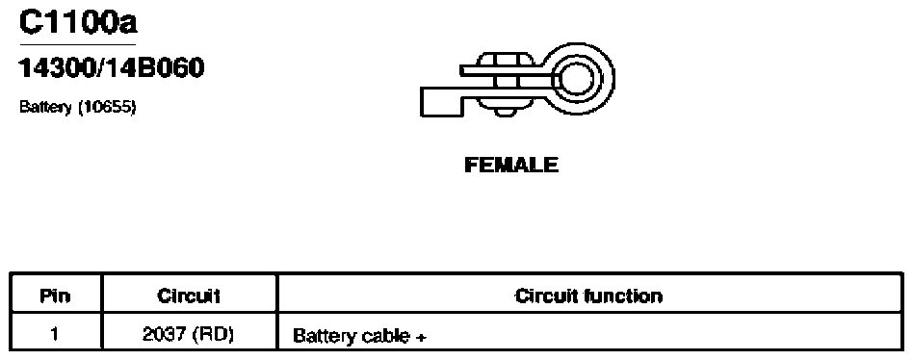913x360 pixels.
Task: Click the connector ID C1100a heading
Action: pyautogui.click(x=78, y=21)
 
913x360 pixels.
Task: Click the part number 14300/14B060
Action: pyautogui.click(x=112, y=68)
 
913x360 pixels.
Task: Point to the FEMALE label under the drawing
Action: pyautogui.click(x=511, y=166)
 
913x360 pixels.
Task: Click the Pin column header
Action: pyautogui.click(x=55, y=296)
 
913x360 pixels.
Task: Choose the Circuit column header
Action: pyautogui.click(x=189, y=296)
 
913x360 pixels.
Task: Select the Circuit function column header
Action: pyautogui.click(x=588, y=296)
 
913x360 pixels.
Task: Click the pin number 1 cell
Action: pyautogui.click(x=55, y=334)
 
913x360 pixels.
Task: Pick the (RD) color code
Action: pyautogui.click(x=214, y=334)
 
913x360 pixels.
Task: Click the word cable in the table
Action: pyautogui.click(x=385, y=336)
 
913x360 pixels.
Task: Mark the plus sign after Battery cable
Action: pyautogui.click(x=422, y=337)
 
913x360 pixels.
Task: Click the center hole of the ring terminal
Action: pyautogui.click(x=577, y=78)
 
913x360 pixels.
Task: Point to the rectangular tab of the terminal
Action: pyautogui.click(x=442, y=102)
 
